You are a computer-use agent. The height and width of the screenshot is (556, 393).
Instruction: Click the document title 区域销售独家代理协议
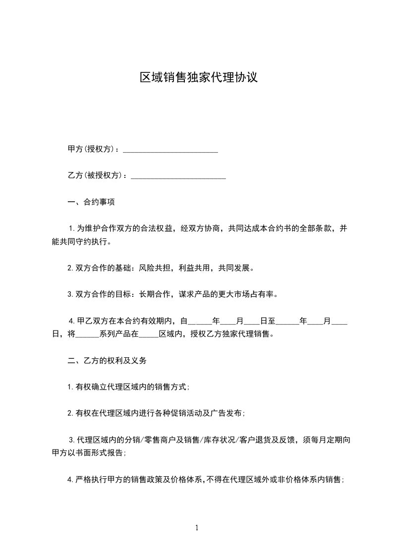pos(198,78)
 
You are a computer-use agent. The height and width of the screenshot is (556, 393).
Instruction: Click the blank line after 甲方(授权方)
pos(170,150)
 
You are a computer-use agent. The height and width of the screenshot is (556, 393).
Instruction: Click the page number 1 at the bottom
pos(197,528)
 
